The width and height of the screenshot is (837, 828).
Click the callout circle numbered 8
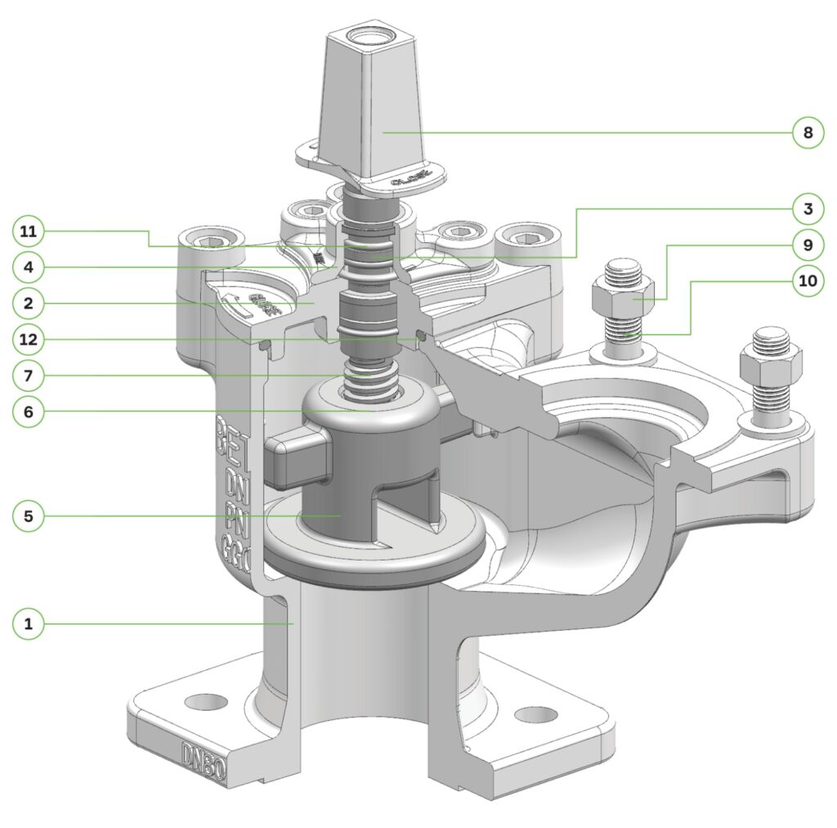pyautogui.click(x=807, y=133)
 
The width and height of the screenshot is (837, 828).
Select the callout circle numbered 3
pyautogui.click(x=807, y=208)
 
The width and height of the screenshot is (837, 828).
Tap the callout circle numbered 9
pyautogui.click(x=807, y=244)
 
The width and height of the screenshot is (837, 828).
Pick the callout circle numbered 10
pyautogui.click(x=807, y=281)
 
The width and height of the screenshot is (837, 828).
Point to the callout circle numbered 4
pyautogui.click(x=29, y=267)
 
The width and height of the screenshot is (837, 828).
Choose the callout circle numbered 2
pyautogui.click(x=29, y=303)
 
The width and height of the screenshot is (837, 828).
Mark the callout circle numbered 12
pyautogui.click(x=29, y=339)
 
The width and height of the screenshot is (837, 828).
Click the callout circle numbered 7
pyautogui.click(x=29, y=376)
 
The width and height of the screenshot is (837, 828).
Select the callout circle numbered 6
pyautogui.click(x=29, y=412)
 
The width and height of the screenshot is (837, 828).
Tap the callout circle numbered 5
pyautogui.click(x=29, y=516)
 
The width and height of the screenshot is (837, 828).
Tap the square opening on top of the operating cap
pyautogui.click(x=363, y=38)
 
